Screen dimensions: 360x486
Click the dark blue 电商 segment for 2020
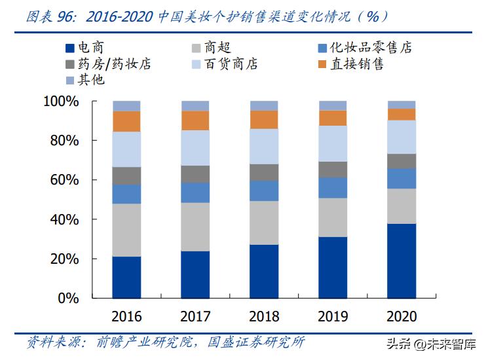[x=402, y=261]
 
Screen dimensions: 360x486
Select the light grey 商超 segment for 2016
[x=126, y=230]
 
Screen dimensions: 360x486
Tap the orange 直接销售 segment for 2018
[x=264, y=119]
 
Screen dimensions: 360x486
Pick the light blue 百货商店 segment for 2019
[x=333, y=143]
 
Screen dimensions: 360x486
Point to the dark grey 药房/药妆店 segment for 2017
[x=195, y=174]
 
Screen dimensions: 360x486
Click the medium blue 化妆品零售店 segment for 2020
[x=402, y=178]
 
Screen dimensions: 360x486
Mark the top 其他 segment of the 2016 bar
[x=126, y=105]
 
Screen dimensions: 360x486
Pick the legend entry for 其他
[x=84, y=81]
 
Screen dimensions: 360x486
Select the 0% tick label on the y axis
[x=68, y=298]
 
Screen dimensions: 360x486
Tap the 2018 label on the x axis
[x=264, y=317]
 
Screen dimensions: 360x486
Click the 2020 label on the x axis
[x=402, y=317]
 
